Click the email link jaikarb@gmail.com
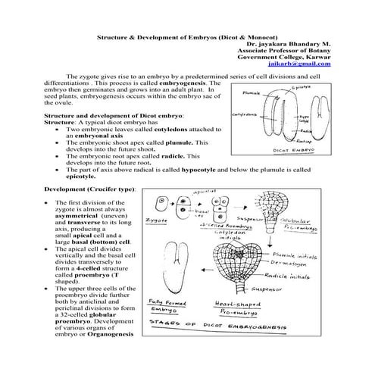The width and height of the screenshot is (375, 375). click(307, 65)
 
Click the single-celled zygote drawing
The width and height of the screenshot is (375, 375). click(162, 203)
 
